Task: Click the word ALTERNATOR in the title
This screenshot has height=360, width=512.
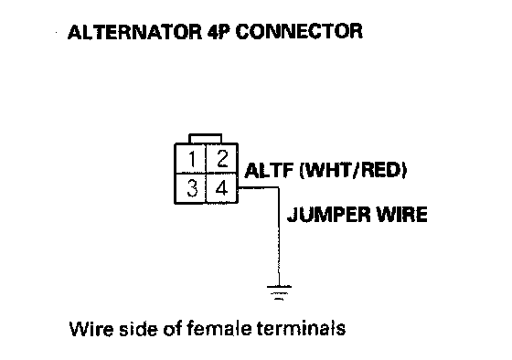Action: (x=135, y=32)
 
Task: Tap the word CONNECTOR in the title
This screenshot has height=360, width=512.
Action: (x=299, y=32)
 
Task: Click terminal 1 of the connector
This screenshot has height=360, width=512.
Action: (x=191, y=159)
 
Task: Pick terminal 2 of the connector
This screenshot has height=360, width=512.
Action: (x=221, y=159)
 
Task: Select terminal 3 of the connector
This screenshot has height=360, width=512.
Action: (x=191, y=188)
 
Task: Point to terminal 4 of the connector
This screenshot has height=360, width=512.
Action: (x=221, y=188)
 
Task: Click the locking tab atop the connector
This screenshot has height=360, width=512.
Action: (x=206, y=138)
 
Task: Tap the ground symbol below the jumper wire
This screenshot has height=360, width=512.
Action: (x=279, y=292)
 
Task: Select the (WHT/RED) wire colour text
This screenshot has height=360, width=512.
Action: (x=353, y=170)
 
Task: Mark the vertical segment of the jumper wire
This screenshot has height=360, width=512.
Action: (x=279, y=237)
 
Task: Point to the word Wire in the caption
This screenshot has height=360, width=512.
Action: (x=91, y=329)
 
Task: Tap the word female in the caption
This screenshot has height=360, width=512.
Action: (x=219, y=329)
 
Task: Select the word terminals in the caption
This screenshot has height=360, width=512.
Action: (x=301, y=329)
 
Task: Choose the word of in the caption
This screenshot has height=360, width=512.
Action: (x=172, y=329)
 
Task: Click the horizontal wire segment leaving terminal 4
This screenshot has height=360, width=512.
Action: (x=258, y=187)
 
